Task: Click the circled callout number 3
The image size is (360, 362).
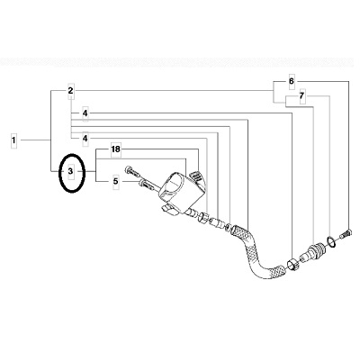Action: pyautogui.click(x=70, y=171)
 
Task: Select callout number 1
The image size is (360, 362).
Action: pyautogui.click(x=13, y=140)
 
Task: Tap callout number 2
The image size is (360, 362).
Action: pyautogui.click(x=70, y=90)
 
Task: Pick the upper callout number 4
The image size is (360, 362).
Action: pyautogui.click(x=85, y=113)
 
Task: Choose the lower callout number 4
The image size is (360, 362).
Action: pyautogui.click(x=85, y=139)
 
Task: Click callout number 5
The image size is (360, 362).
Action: pyautogui.click(x=116, y=182)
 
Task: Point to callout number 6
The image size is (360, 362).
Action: pyautogui.click(x=292, y=81)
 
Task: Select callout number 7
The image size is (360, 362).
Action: pyautogui.click(x=301, y=96)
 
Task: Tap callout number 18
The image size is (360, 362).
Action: pyautogui.click(x=115, y=149)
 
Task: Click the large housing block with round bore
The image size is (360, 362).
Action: pyautogui.click(x=180, y=193)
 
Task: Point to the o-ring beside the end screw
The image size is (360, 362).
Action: pyautogui.click(x=331, y=242)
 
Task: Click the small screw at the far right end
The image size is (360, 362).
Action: pyautogui.click(x=346, y=234)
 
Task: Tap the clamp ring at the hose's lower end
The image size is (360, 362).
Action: pyautogui.click(x=292, y=265)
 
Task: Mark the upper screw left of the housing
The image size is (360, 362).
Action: pyautogui.click(x=133, y=171)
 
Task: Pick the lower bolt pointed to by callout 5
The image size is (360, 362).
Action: pyautogui.click(x=148, y=185)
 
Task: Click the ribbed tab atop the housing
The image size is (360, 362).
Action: pyautogui.click(x=197, y=176)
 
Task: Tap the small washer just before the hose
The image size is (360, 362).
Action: pyautogui.click(x=228, y=227)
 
